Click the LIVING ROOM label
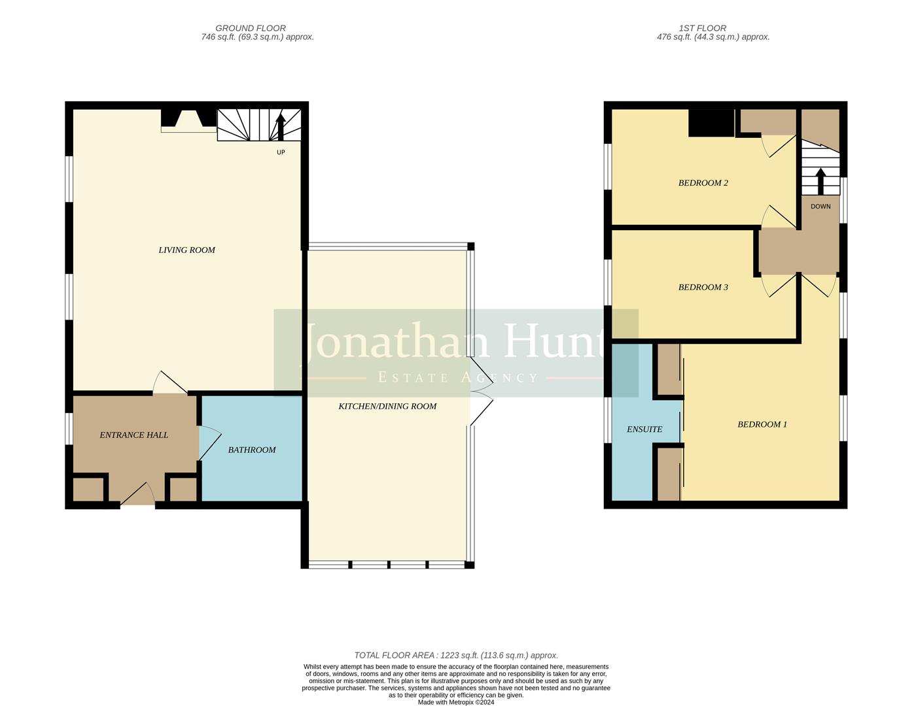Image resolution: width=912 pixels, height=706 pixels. pyautogui.click(x=186, y=250)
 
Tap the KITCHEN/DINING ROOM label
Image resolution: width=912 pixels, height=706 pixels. pyautogui.click(x=387, y=406)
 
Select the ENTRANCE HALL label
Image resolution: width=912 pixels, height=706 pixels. pyautogui.click(x=133, y=435)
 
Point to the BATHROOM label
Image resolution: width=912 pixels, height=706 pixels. pyautogui.click(x=252, y=450)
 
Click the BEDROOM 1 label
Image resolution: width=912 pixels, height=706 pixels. pyautogui.click(x=762, y=424)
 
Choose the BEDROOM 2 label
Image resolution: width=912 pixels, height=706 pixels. pyautogui.click(x=703, y=183)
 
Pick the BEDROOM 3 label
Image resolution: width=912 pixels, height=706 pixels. pyautogui.click(x=703, y=287)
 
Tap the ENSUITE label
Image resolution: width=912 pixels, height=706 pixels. pyautogui.click(x=644, y=429)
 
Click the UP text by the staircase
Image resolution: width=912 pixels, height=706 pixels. pyautogui.click(x=281, y=152)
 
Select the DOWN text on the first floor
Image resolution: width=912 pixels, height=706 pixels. pyautogui.click(x=820, y=207)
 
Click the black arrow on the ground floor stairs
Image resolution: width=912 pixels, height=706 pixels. pyautogui.click(x=281, y=127)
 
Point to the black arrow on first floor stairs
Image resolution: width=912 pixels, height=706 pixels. pyautogui.click(x=820, y=180)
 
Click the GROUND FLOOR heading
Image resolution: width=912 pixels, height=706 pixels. pyautogui.click(x=251, y=28)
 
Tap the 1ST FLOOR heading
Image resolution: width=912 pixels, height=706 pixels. pyautogui.click(x=703, y=28)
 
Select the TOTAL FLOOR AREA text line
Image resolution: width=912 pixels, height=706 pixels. pyautogui.click(x=456, y=655)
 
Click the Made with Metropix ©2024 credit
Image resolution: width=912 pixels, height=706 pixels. pyautogui.click(x=456, y=703)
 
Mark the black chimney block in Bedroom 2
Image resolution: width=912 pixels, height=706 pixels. pyautogui.click(x=711, y=122)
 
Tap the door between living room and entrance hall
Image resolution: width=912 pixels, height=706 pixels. pyautogui.click(x=170, y=384)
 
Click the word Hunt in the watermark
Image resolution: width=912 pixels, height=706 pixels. pyautogui.click(x=553, y=343)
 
